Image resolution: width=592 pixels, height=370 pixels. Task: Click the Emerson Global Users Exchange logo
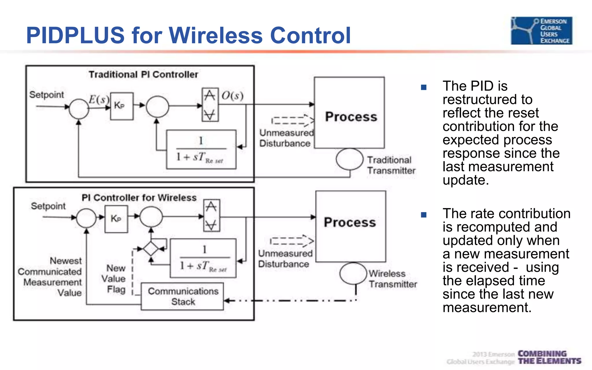[541, 31]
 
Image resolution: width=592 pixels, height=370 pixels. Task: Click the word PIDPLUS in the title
[75, 35]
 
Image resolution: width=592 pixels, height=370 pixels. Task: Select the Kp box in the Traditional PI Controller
[122, 106]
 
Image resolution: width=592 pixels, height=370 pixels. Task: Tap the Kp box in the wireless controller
[116, 219]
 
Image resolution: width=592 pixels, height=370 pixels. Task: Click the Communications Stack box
[182, 297]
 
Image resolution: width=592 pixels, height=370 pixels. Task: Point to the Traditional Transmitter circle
[349, 159]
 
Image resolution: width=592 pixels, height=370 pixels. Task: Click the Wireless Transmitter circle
[353, 273]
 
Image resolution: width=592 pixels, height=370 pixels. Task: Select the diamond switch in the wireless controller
[151, 249]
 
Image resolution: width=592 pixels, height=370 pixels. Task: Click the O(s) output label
[232, 95]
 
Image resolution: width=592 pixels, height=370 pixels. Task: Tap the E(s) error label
[99, 99]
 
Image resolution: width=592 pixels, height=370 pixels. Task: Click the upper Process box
[349, 113]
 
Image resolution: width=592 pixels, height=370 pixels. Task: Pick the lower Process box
[351, 226]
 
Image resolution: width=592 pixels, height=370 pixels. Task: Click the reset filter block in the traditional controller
[201, 149]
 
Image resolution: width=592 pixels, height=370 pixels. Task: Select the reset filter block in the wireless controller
[203, 258]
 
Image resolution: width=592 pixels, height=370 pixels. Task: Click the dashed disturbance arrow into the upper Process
[293, 121]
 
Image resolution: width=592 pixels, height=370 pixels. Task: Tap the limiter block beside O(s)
[210, 105]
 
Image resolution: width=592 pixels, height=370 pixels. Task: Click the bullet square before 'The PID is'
[424, 87]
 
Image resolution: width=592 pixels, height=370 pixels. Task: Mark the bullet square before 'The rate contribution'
[424, 215]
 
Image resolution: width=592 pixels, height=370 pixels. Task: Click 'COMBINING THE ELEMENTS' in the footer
[549, 358]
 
